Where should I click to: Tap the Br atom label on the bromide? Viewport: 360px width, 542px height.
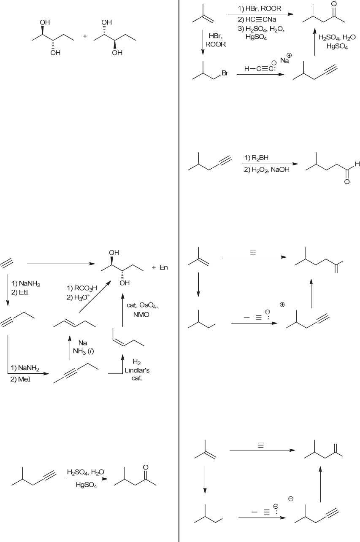(225, 73)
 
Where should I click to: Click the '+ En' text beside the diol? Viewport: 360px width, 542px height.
(160, 268)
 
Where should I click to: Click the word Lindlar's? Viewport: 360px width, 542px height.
(137, 370)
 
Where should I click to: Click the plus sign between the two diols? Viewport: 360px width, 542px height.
(85, 36)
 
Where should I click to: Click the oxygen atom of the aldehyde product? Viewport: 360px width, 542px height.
(347, 182)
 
